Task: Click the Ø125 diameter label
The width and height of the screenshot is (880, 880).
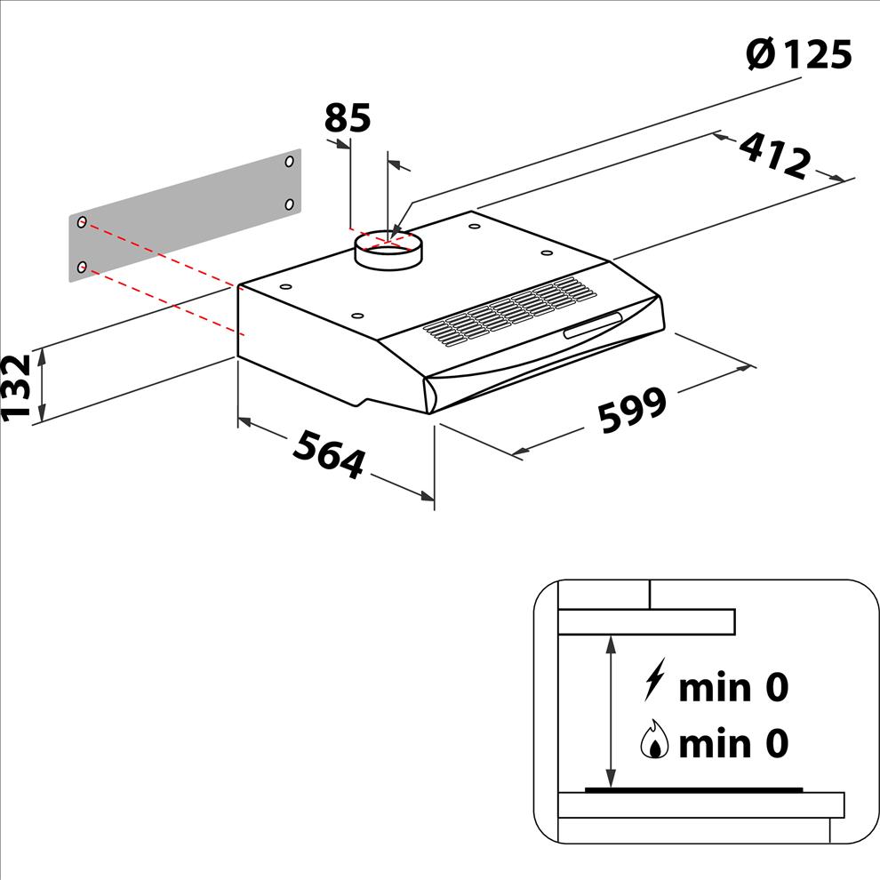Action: click(x=799, y=54)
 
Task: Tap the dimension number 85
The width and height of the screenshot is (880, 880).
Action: click(x=348, y=118)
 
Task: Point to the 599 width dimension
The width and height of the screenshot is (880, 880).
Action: click(x=633, y=411)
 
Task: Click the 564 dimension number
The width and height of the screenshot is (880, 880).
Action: click(x=329, y=453)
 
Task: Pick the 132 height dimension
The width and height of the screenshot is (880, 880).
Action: click(x=16, y=387)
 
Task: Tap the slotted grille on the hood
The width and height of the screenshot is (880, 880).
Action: click(x=509, y=311)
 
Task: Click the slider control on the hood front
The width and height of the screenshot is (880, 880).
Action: click(x=593, y=325)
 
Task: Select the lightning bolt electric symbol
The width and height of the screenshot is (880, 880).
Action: click(x=654, y=679)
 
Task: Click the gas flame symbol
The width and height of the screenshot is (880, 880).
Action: click(x=654, y=739)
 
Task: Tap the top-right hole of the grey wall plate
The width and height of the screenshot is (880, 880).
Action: click(x=290, y=162)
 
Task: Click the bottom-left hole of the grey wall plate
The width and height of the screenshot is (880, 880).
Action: click(x=82, y=267)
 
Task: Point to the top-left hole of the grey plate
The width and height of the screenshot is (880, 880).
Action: click(x=82, y=222)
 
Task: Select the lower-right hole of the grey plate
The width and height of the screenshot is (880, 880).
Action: click(x=290, y=204)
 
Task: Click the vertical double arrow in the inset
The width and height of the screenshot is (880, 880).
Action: click(x=612, y=711)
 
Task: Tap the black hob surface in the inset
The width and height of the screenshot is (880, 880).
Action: click(x=693, y=790)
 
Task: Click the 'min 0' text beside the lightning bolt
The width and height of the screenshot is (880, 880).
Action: click(x=733, y=687)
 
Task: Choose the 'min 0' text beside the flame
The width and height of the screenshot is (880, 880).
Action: click(x=733, y=743)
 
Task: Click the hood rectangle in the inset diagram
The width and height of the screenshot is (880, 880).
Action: click(x=646, y=622)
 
